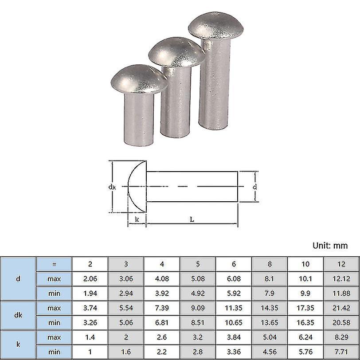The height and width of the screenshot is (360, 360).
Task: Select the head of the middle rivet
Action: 176,53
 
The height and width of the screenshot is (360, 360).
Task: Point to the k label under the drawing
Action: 137,219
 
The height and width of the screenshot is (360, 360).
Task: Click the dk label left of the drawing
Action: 112,187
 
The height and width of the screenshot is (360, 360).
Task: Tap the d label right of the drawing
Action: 254,187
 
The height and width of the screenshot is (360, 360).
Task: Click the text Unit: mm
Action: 330,245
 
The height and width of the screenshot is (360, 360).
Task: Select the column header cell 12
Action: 341,264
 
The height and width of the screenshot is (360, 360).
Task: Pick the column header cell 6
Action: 234,264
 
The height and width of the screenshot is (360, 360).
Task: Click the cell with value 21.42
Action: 341,308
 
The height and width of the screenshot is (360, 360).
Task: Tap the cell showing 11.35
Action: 234,308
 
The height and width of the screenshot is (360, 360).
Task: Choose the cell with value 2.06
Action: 90,279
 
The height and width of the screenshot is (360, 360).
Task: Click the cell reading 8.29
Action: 341,337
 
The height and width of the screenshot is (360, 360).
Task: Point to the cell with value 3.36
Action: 234,352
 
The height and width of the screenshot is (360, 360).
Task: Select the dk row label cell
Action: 18,315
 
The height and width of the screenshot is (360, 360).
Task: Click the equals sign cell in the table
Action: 54,264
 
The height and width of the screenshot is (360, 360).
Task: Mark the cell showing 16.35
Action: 305,323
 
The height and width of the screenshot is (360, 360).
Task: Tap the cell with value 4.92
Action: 198,293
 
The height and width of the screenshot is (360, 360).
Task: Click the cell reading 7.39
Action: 162,308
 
